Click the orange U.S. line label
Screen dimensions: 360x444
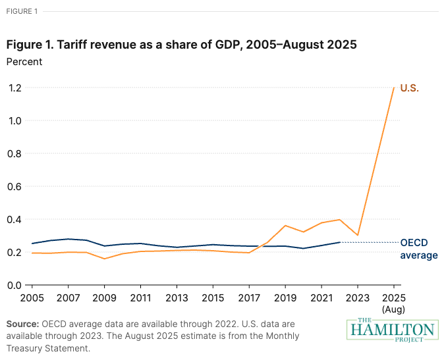coord(409,88)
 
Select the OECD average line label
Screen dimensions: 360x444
coord(418,249)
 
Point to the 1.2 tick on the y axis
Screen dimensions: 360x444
coord(14,88)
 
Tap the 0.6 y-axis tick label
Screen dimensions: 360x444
coord(14,186)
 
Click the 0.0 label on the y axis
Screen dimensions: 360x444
coord(14,285)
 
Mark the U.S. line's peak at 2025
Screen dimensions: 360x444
coord(394,88)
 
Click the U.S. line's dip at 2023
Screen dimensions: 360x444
coord(358,235)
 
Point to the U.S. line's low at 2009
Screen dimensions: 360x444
coord(104,259)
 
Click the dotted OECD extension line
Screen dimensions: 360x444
coord(369,242)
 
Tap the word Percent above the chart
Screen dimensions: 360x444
coord(24,62)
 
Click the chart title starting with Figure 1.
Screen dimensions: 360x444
coord(182,45)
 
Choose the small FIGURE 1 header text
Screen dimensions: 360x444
coord(21,11)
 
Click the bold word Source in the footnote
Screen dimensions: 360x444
coord(22,324)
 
